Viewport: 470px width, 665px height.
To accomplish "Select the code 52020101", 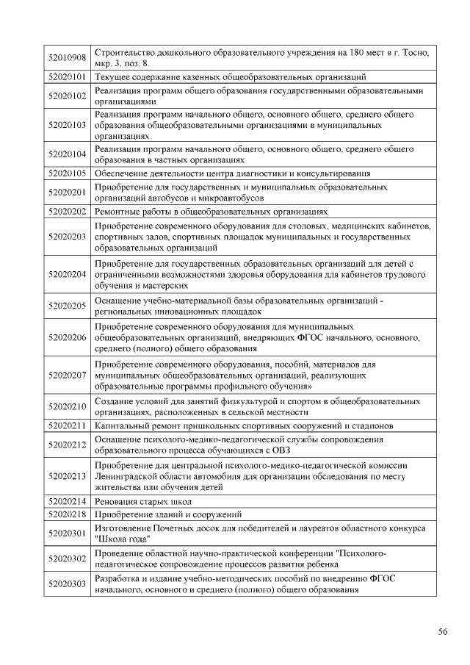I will (67, 76).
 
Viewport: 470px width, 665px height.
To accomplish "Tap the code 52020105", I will (67, 173).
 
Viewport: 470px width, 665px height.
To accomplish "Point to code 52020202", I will (67, 212).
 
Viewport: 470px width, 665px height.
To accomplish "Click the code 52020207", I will (67, 375).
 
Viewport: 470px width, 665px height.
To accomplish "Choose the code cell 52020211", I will (67, 425).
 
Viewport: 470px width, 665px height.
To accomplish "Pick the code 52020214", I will (67, 501).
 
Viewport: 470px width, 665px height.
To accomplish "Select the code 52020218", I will (67, 514).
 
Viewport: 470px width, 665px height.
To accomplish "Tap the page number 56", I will (443, 631).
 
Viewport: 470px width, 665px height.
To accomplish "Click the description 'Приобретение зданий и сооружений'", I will (168, 514).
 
